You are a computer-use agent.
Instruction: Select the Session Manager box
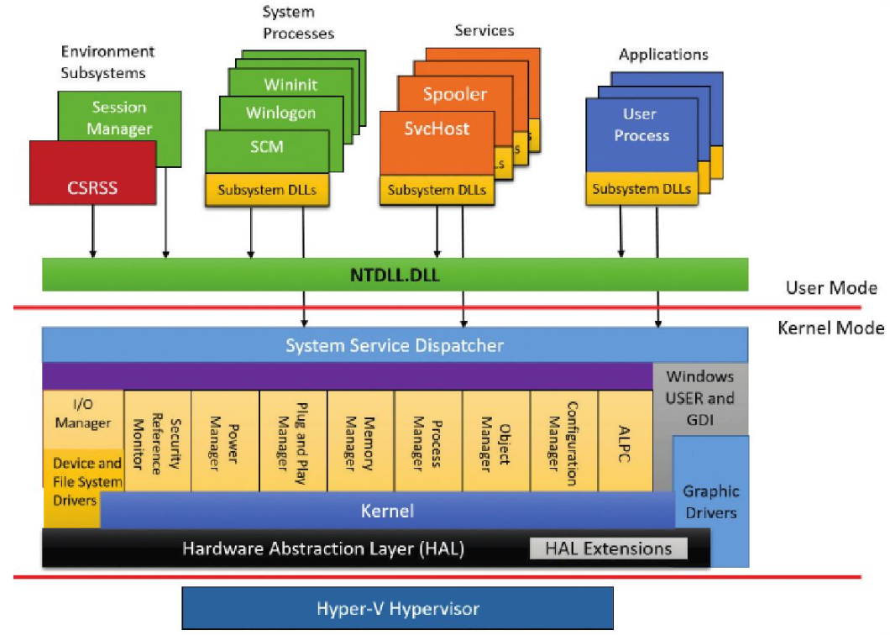tap(120, 118)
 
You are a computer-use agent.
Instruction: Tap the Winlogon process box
tap(280, 112)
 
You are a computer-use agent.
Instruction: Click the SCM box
tap(267, 147)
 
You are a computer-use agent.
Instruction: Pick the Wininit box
tap(291, 85)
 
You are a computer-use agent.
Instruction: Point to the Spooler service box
tap(454, 94)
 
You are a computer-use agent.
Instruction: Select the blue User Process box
tap(641, 124)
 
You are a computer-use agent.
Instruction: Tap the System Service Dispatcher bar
tap(395, 345)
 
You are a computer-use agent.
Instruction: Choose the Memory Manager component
tap(360, 440)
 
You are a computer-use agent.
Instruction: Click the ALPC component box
tap(626, 440)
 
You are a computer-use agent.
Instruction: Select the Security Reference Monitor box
tap(158, 440)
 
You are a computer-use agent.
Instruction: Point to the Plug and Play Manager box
tap(293, 440)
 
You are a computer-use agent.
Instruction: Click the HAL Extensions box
tap(609, 549)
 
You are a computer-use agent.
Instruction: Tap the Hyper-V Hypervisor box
tap(397, 608)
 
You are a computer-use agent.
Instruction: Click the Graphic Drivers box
tap(710, 502)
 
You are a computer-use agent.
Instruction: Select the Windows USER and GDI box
tap(699, 397)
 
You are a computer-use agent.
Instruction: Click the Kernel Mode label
tap(830, 328)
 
